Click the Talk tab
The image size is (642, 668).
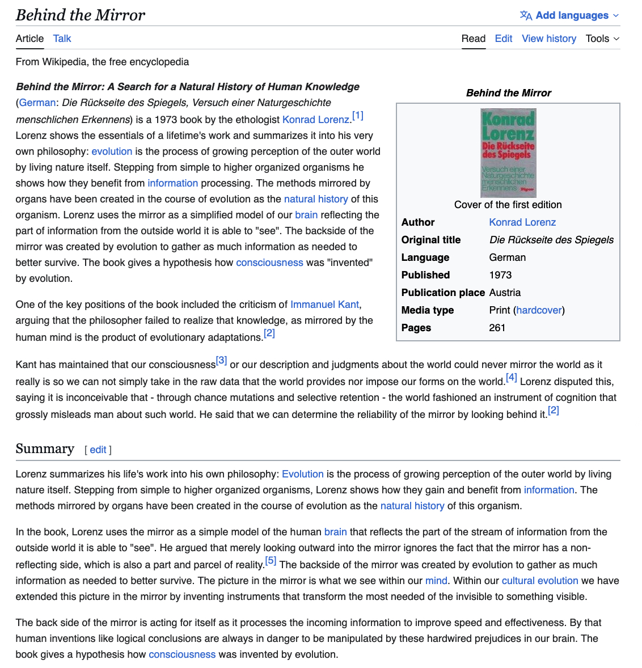62,39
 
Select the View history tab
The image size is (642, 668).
548,39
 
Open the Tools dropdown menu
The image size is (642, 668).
602,39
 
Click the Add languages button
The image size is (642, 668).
570,15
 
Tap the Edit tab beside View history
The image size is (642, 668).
503,39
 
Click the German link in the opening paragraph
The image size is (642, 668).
37,103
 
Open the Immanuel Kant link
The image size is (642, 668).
324,305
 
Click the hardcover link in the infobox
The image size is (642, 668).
539,310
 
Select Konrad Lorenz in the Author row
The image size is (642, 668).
522,222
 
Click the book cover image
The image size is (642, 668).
508,153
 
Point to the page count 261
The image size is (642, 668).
497,328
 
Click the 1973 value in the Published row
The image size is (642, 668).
500,275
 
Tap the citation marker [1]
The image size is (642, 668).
358,116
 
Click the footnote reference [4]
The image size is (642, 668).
511,377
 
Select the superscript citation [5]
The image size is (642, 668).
271,561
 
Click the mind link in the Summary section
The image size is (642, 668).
436,581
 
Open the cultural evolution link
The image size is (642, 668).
540,581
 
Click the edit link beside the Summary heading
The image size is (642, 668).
98,450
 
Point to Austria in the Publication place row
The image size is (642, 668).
505,293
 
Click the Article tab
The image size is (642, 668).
29,39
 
